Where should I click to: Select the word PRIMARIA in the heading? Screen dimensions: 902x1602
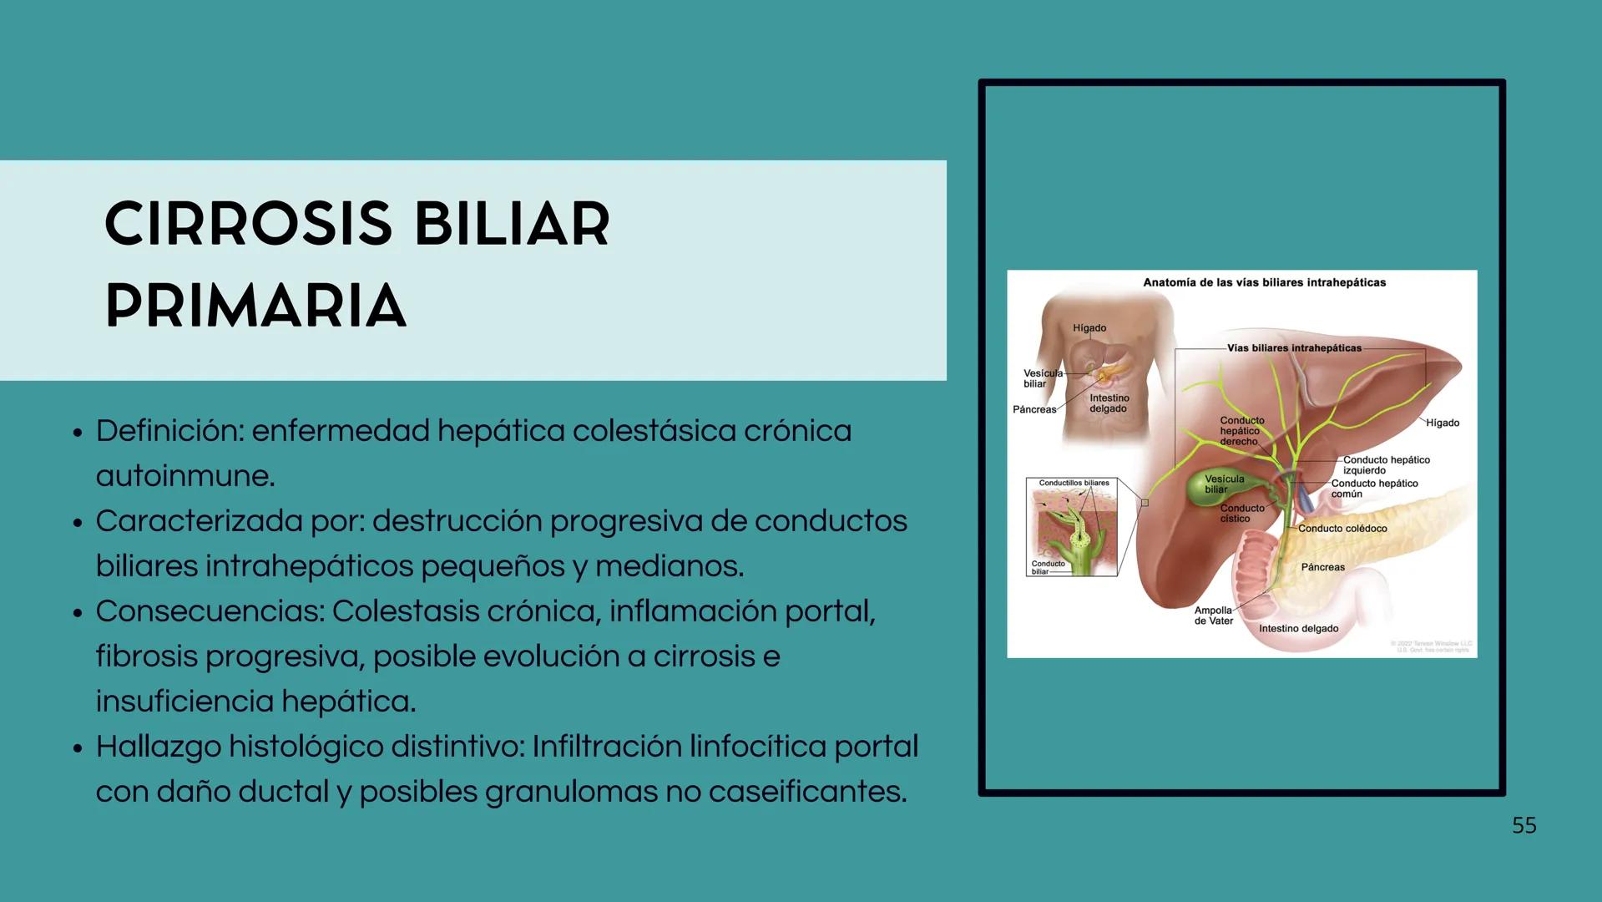255,306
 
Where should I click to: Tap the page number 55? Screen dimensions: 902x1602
1524,825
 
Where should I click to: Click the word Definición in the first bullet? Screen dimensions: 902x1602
169,431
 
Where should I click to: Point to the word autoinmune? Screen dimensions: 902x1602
184,476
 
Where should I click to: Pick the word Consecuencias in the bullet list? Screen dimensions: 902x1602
210,611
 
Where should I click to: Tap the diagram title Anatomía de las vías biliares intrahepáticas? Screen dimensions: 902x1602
1264,282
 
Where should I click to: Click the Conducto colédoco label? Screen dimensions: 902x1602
1342,529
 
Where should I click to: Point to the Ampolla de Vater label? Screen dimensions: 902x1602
1213,616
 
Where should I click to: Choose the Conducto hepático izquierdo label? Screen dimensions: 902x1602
1386,465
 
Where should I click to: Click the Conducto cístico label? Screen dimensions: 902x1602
1241,514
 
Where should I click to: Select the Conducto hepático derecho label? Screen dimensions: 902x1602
1241,431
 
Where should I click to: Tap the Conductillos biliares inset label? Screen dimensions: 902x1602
1074,483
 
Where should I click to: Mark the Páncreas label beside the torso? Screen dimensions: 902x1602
1033,409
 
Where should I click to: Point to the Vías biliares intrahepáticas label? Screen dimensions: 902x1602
1293,348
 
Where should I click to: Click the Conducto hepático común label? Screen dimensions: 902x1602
1374,489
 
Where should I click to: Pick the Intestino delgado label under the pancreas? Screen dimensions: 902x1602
1298,629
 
